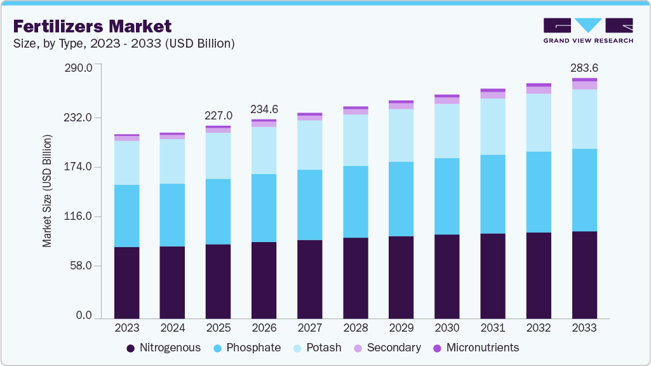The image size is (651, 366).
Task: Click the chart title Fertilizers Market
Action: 93,26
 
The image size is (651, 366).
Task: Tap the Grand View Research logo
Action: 588,30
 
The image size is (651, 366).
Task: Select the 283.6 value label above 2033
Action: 584,68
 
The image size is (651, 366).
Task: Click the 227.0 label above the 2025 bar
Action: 218,116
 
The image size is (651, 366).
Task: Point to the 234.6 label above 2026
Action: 264,109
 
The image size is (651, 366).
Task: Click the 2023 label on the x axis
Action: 127,328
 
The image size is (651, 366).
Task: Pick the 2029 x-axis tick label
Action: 401,328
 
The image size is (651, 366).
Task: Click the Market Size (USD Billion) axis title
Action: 48,191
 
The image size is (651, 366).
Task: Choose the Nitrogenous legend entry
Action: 164,348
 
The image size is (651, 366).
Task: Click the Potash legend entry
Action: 318,348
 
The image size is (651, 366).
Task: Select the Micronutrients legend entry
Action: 476,348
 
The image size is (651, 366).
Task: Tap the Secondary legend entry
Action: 387,348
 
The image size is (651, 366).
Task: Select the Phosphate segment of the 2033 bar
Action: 584,190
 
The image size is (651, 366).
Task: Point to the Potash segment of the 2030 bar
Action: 447,131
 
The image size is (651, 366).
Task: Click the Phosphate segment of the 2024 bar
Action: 173,215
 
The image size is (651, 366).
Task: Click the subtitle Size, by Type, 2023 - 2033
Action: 124,44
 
